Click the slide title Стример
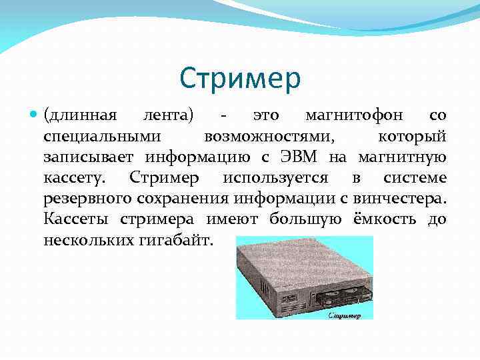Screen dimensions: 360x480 (240, 79)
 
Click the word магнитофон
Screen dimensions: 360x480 (354, 115)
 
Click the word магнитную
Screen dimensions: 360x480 (402, 157)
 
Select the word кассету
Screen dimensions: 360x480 (73, 178)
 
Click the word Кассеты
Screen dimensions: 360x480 (78, 219)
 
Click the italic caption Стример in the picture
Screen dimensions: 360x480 (345, 315)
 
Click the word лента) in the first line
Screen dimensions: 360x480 (169, 115)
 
